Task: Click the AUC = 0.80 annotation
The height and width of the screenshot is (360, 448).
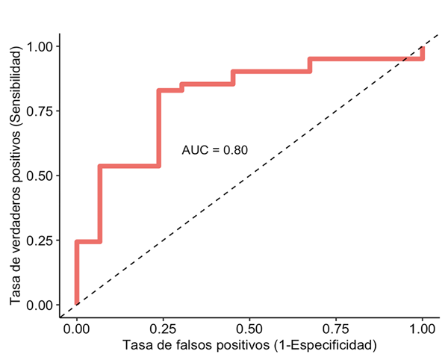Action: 215,150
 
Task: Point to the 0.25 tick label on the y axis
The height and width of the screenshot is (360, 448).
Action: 39,240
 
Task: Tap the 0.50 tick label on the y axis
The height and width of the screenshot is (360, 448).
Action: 39,176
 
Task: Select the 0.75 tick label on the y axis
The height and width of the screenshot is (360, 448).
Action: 39,111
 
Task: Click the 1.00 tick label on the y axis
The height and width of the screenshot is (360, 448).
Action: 39,46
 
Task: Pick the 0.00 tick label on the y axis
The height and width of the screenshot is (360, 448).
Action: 39,305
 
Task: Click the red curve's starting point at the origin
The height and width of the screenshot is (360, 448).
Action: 76,303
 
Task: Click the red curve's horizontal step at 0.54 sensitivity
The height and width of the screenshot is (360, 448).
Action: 128,166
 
